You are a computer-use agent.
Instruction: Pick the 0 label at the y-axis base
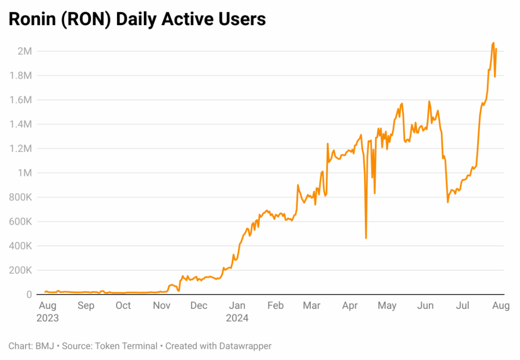pyautogui.click(x=29, y=295)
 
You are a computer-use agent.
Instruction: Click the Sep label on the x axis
pyautogui.click(x=86, y=306)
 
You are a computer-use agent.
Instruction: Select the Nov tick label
pyautogui.click(x=162, y=306)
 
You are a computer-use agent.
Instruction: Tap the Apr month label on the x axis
pyautogui.click(x=350, y=306)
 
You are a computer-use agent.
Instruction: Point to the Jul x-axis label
pyautogui.click(x=463, y=306)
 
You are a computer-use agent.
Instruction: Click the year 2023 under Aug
pyautogui.click(x=48, y=318)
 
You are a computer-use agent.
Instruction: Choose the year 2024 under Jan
pyautogui.click(x=237, y=318)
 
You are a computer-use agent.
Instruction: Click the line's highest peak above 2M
pyautogui.click(x=494, y=43)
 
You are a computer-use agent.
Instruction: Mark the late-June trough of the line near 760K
pyautogui.click(x=448, y=202)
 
